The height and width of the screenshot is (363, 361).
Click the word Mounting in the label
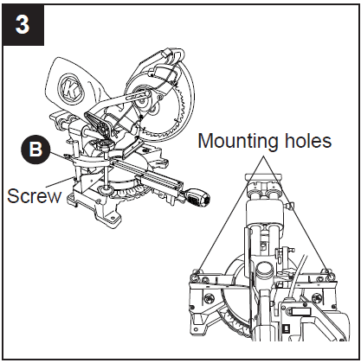point(232,141)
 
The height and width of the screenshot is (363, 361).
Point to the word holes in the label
point(303,141)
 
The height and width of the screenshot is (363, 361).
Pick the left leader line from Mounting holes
point(227,216)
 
